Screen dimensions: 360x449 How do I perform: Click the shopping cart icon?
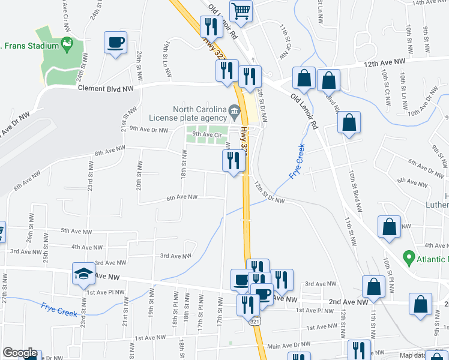(241, 11)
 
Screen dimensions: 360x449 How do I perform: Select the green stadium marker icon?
(66, 44)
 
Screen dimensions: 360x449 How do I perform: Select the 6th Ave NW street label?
(182, 197)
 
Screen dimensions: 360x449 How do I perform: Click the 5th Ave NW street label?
(76, 231)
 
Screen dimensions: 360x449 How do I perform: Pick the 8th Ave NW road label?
(110, 151)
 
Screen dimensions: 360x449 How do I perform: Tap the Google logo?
(19, 353)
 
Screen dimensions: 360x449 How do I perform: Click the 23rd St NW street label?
(89, 184)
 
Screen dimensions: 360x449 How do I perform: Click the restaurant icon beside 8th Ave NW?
(233, 161)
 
